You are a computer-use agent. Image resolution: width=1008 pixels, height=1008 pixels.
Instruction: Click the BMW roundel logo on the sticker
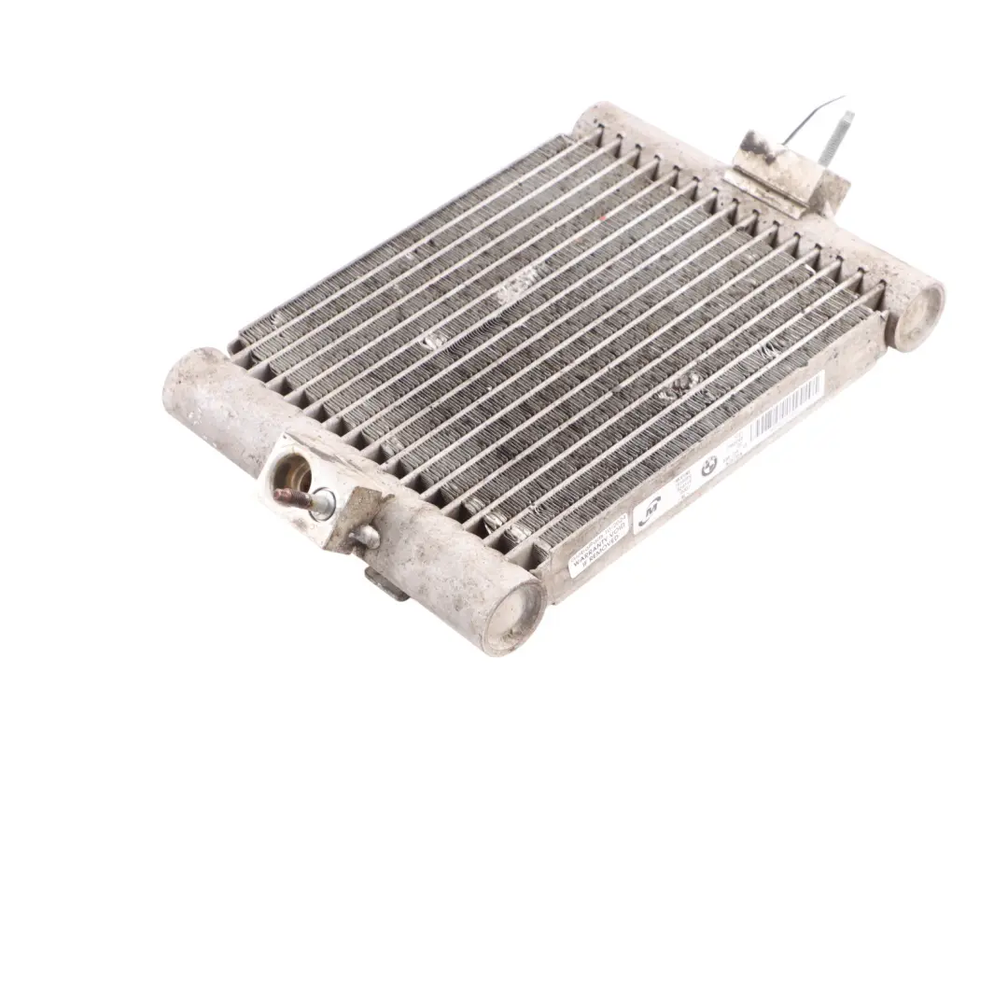point(709,467)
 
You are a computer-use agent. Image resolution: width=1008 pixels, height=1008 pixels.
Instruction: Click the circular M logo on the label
point(650,513)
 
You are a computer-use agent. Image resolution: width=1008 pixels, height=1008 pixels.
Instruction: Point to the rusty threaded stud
point(290,497)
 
